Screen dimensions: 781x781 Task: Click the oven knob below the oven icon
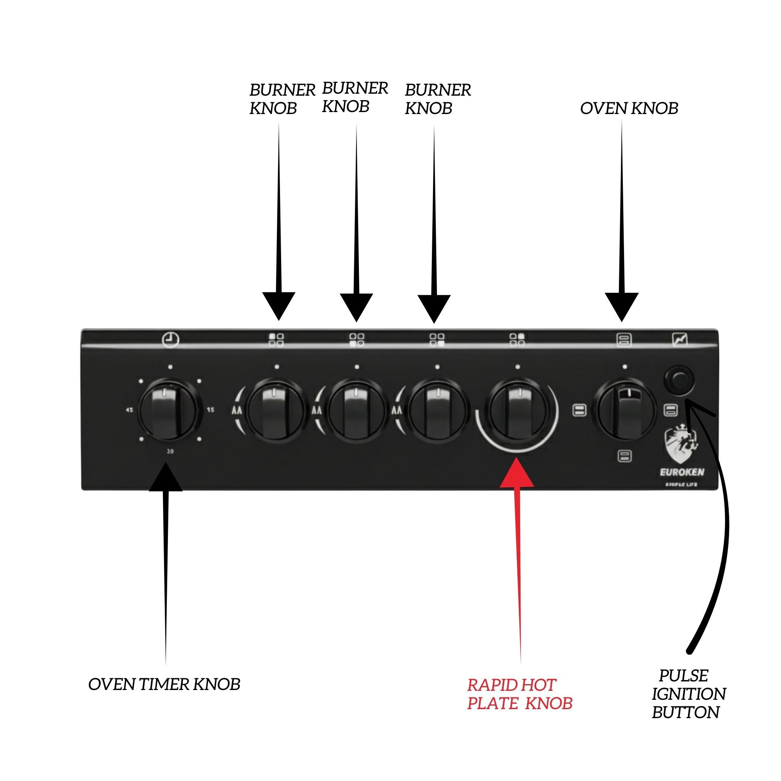[624, 410]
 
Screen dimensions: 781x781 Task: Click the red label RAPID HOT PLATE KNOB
[519, 694]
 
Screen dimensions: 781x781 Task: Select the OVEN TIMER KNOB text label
[164, 685]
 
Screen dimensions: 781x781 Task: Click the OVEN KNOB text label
[629, 108]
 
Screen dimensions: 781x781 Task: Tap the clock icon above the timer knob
[171, 340]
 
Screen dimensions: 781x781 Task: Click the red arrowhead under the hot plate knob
[517, 473]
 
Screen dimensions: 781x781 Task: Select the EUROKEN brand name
[682, 472]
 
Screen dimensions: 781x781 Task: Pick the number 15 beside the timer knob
[210, 410]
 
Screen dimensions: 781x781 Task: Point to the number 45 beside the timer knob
[129, 410]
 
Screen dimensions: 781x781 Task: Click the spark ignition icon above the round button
[679, 340]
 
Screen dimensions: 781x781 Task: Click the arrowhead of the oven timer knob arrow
[166, 478]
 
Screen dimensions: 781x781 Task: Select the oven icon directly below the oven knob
[624, 456]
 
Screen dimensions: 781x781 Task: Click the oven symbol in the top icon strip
[624, 340]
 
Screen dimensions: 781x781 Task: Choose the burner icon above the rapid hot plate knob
[517, 340]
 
